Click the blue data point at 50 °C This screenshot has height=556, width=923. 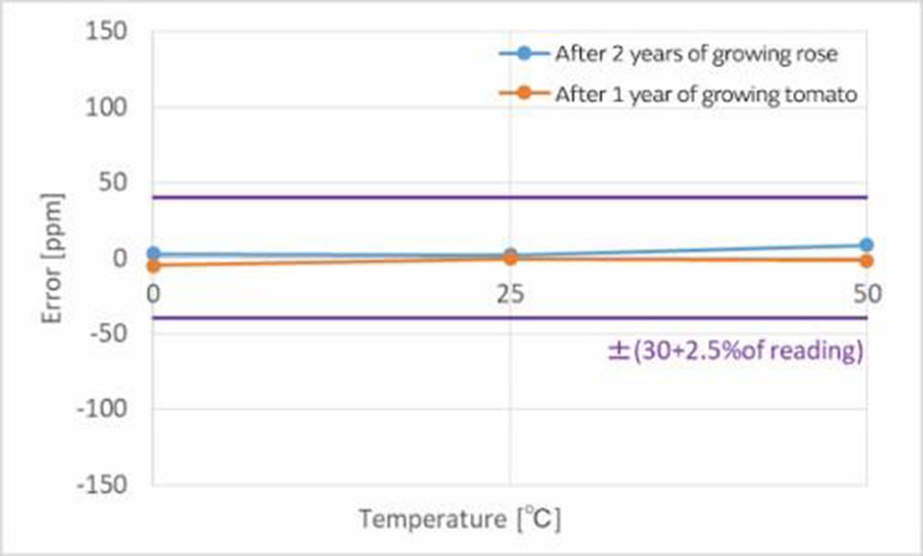[x=866, y=245]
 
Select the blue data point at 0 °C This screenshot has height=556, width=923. [x=153, y=253]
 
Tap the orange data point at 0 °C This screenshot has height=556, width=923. [x=153, y=266]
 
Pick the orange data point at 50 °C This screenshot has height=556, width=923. [x=866, y=260]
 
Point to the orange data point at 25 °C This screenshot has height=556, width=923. [x=509, y=258]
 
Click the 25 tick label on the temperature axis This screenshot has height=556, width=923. [x=509, y=295]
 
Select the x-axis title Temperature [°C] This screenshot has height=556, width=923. [x=460, y=520]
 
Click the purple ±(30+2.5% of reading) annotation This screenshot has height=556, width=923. [x=735, y=352]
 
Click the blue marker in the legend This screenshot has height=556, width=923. [x=523, y=54]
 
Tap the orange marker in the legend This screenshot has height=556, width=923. [x=523, y=93]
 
